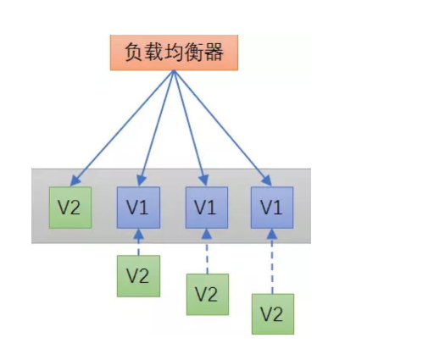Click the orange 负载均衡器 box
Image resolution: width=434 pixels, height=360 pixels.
pyautogui.click(x=174, y=53)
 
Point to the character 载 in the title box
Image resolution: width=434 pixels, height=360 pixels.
pyautogui.click(x=152, y=53)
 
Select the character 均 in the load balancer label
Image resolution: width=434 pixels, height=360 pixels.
pyautogui.click(x=174, y=53)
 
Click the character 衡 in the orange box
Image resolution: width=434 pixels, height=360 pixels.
pyautogui.click(x=196, y=53)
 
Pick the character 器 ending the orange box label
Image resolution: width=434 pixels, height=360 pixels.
pyautogui.click(x=218, y=53)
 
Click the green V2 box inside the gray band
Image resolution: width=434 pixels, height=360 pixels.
pyautogui.click(x=69, y=207)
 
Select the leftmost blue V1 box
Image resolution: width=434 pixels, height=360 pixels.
pyautogui.click(x=137, y=207)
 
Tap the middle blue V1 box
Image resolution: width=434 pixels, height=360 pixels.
pyautogui.click(x=206, y=207)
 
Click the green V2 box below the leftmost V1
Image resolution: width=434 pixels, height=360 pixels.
pyautogui.click(x=138, y=275)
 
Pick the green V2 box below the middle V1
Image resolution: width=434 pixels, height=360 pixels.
pyautogui.click(x=207, y=294)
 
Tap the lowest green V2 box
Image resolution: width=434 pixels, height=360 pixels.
pyautogui.click(x=272, y=314)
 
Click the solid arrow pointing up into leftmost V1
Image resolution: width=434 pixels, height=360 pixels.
pyautogui.click(x=138, y=241)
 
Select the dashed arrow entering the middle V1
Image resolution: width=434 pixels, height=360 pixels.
pyautogui.click(x=207, y=251)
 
